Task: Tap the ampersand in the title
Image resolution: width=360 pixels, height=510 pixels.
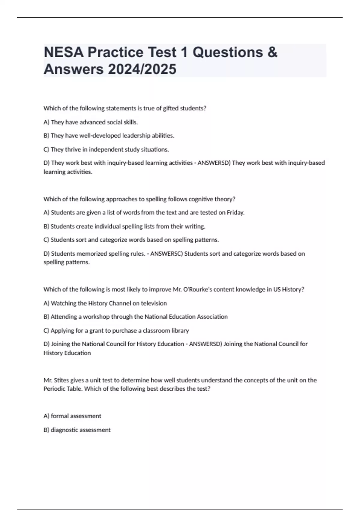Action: click(272, 52)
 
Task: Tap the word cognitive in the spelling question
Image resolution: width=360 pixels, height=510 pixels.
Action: click(188, 199)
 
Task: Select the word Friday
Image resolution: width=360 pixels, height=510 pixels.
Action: click(235, 213)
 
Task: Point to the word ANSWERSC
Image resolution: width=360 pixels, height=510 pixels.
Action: click(166, 254)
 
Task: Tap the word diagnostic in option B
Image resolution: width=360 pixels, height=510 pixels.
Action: click(64, 430)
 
